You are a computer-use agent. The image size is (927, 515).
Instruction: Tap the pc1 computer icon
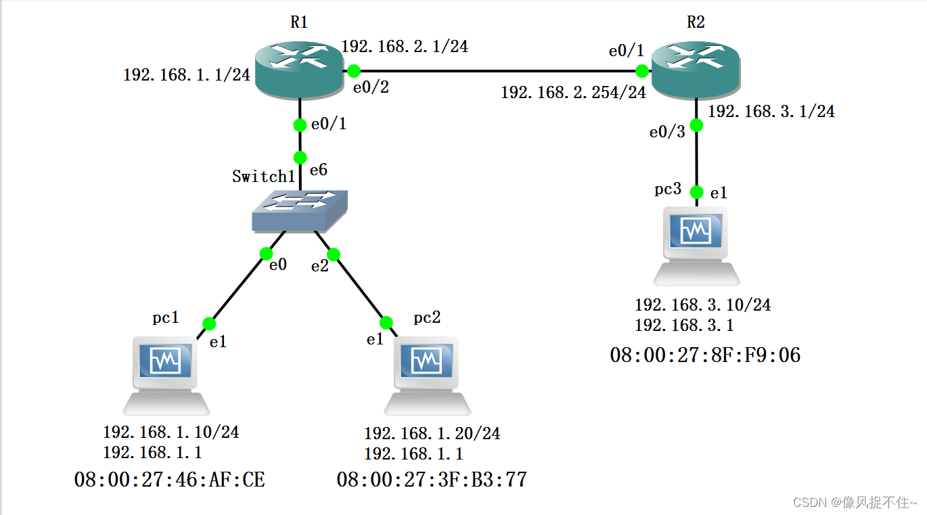166,376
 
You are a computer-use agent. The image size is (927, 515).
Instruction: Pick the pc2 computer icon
428,376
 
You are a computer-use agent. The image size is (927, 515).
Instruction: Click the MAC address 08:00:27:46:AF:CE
169,480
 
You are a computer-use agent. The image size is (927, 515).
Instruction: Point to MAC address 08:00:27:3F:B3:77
432,480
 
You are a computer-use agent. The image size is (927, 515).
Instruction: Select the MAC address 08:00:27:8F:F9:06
705,355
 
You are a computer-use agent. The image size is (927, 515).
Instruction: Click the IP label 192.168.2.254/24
574,93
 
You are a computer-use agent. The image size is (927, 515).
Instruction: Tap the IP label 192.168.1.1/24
187,75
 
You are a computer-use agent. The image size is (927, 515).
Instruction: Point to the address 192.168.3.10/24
702,305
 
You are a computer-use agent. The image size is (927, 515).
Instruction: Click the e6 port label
319,170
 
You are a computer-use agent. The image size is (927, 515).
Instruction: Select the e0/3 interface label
667,132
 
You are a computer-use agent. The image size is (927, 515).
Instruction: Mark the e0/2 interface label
371,88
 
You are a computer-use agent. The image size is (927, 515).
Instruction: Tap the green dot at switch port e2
333,254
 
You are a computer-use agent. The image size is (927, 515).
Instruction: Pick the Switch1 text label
264,177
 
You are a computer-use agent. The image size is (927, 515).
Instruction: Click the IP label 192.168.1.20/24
432,433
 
